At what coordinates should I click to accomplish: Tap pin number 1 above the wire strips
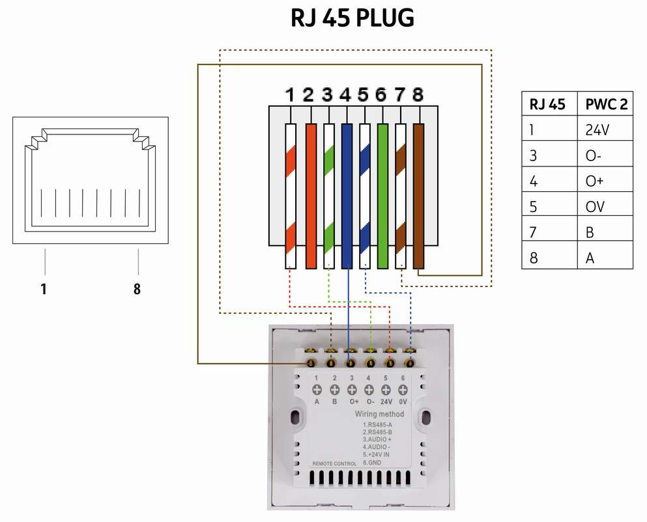[x=290, y=95]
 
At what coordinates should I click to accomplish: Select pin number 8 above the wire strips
[x=418, y=95]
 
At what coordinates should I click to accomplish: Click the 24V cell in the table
[x=597, y=130]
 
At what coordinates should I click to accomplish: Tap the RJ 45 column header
[x=547, y=104]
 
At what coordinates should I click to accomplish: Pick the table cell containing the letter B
[x=590, y=232]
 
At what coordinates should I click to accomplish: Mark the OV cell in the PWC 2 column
[x=595, y=206]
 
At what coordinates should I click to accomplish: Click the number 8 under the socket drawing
[x=137, y=288]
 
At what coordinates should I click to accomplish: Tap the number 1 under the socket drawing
[x=44, y=288]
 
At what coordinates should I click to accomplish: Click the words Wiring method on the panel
[x=379, y=414]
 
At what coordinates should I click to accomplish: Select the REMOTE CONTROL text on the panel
[x=334, y=463]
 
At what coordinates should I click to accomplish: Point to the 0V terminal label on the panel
[x=403, y=403]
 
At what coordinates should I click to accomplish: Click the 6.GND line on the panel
[x=374, y=462]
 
